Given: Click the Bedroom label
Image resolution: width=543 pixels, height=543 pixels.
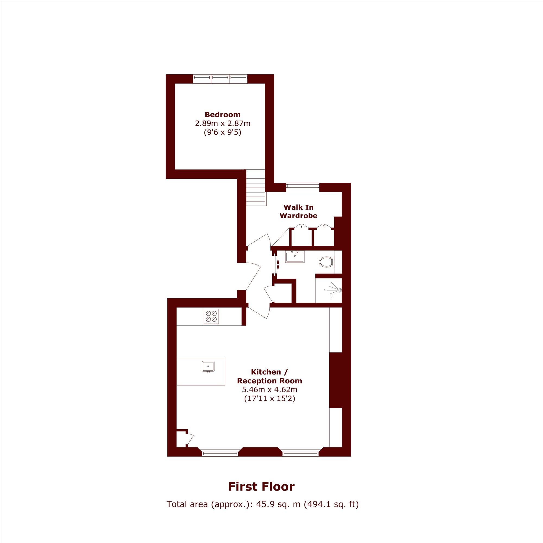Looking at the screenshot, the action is (222, 115).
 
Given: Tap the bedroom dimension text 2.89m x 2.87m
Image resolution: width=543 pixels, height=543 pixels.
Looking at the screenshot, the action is (223, 123).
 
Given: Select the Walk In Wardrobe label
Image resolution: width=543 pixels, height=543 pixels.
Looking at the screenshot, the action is (298, 211).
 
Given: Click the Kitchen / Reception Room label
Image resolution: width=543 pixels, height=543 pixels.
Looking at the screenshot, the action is (269, 376).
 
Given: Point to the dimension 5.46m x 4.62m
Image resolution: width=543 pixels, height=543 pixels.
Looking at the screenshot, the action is (270, 390).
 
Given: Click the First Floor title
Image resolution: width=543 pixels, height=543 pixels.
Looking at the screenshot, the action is (261, 487).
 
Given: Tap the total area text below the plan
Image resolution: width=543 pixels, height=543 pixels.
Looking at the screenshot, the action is (263, 504).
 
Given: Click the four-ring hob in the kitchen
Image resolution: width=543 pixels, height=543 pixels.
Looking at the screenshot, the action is (211, 316).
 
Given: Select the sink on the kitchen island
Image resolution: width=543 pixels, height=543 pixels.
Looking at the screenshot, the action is (208, 367).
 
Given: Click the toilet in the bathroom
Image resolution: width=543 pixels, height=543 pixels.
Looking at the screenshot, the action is (326, 262).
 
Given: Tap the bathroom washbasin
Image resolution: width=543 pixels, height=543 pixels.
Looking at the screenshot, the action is (295, 257).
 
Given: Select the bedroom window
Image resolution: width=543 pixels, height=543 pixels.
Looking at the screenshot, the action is (220, 79).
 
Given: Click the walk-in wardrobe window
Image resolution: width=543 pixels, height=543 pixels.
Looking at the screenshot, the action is (303, 187).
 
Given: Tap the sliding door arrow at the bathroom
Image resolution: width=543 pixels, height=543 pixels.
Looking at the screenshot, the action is (278, 265).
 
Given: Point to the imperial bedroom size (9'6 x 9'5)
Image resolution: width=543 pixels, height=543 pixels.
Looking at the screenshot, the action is (223, 132).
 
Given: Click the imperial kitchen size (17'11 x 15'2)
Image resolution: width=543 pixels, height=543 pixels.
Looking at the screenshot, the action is (270, 399).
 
